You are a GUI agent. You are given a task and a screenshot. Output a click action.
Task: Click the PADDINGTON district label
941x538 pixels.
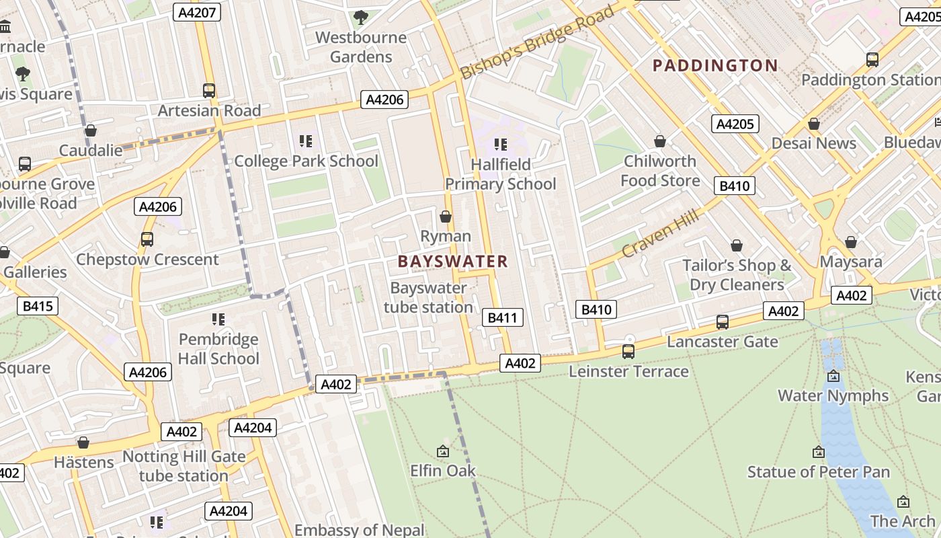(x=715, y=65)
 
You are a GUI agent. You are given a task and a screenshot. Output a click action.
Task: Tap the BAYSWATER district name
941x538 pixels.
(x=452, y=262)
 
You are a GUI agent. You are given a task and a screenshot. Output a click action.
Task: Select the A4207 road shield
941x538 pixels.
(x=196, y=12)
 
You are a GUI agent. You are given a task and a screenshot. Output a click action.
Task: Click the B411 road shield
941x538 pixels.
(x=502, y=317)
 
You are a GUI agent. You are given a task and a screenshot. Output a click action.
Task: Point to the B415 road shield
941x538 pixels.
(x=37, y=307)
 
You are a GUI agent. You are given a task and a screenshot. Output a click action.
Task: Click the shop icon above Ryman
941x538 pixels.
(x=445, y=217)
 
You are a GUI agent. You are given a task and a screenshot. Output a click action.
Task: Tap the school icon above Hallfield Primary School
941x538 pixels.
(x=500, y=144)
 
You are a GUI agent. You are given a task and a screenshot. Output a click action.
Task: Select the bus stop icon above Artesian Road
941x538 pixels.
(x=209, y=90)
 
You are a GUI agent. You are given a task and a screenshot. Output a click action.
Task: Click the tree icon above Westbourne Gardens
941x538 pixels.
(x=361, y=17)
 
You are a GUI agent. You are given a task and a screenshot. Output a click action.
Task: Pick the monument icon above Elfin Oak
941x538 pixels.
(x=443, y=451)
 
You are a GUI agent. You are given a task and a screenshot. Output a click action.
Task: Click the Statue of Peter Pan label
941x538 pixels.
(x=819, y=472)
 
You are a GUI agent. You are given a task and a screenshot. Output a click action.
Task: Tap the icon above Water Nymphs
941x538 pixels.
(x=833, y=376)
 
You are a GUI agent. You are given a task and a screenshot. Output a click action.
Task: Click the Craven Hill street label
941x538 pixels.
(x=660, y=233)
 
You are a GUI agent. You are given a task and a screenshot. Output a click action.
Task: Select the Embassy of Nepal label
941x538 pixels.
(x=359, y=530)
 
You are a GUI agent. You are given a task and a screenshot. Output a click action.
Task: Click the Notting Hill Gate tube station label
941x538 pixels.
(x=183, y=466)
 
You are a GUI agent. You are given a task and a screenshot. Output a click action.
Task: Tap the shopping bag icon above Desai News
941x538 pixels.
(x=814, y=124)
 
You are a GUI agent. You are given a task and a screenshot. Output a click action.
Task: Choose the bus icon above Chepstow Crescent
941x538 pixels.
(x=147, y=239)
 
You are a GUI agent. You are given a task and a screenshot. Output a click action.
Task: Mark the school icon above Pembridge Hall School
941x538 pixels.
(x=218, y=319)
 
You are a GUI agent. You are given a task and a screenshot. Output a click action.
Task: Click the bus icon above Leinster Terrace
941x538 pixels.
(x=628, y=351)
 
